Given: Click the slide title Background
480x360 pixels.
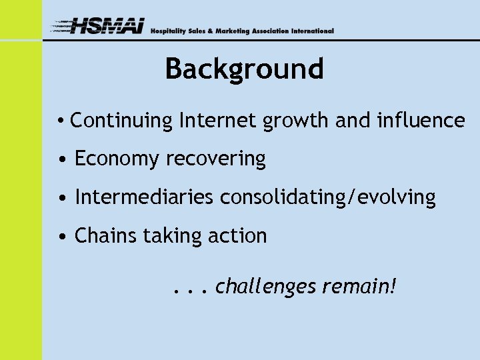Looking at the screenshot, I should pyautogui.click(x=244, y=69).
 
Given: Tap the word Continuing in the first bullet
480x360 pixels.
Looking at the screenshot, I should pyautogui.click(x=121, y=121).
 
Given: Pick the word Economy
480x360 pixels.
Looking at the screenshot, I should pyautogui.click(x=117, y=159).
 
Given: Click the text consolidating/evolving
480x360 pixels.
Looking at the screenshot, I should pyautogui.click(x=328, y=198).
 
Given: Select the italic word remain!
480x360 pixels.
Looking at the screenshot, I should pyautogui.click(x=359, y=287).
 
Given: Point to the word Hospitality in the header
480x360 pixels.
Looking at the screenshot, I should pyautogui.click(x=169, y=31).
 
